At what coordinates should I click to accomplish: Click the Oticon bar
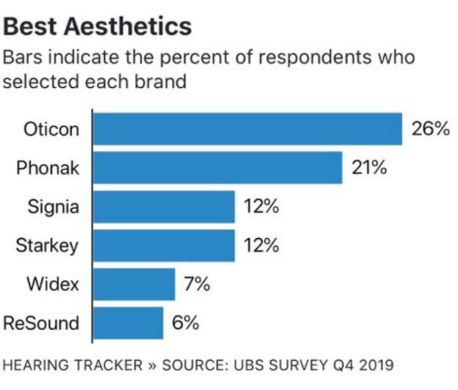(x=247, y=129)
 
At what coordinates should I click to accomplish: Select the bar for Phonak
(x=217, y=167)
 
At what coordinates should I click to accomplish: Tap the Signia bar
(x=164, y=206)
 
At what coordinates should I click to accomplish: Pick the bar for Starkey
(x=164, y=245)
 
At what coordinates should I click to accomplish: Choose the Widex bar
(x=134, y=284)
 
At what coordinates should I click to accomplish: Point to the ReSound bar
(x=128, y=323)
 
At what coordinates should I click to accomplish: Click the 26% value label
(x=431, y=129)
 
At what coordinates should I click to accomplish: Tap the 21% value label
(x=370, y=167)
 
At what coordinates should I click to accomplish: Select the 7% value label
(x=196, y=284)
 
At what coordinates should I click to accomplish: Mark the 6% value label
(x=185, y=323)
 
